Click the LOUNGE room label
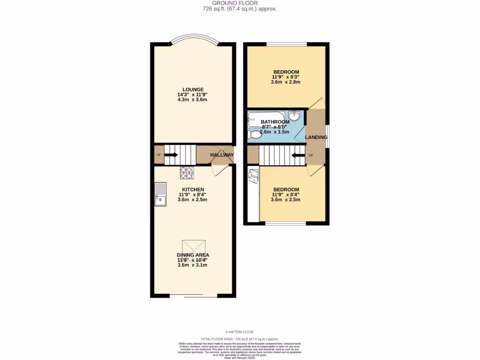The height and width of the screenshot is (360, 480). click(x=193, y=90)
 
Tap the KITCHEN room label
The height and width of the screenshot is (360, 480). click(x=193, y=189)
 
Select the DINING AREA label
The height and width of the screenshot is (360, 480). click(x=193, y=255)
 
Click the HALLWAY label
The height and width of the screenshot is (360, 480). click(x=222, y=155)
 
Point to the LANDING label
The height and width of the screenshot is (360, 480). click(x=316, y=137)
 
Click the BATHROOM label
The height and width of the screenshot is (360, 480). click(x=275, y=122)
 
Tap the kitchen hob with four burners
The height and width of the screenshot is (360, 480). click(x=187, y=173)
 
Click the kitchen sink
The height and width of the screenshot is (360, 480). click(x=160, y=195)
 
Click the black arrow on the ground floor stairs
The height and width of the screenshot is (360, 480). click(x=171, y=155)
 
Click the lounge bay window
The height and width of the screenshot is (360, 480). click(x=193, y=38)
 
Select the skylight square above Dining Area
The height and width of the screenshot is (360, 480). click(x=194, y=247)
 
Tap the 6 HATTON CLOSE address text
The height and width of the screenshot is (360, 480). click(x=240, y=332)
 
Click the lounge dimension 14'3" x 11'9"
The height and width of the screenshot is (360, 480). click(x=193, y=95)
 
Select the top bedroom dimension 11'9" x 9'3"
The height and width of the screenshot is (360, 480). click(x=285, y=77)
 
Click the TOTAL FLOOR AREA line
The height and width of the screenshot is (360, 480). click(x=240, y=338)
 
